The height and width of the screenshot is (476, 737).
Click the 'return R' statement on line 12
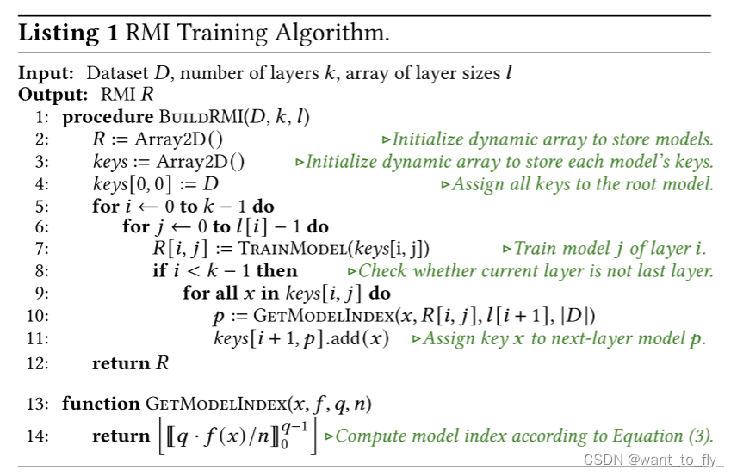(130, 362)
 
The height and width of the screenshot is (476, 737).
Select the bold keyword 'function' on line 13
(100, 404)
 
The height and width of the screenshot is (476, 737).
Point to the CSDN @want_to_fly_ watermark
(655, 459)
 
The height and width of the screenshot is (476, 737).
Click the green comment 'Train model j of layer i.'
(608, 250)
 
